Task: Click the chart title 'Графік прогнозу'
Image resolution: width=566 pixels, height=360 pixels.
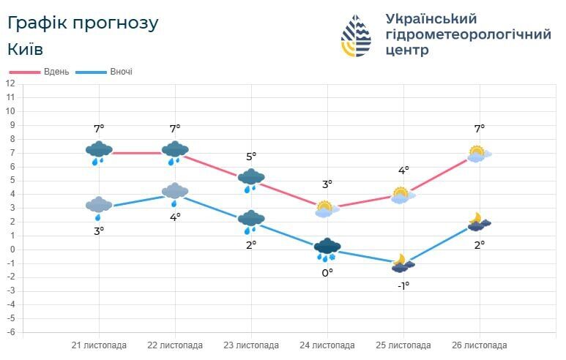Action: point(83,23)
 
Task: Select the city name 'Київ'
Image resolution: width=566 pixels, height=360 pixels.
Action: point(26,50)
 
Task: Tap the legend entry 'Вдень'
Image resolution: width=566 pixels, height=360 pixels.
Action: point(56,72)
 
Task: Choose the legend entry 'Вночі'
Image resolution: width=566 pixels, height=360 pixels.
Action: point(121,72)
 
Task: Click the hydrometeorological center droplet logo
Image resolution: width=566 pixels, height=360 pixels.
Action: point(356,36)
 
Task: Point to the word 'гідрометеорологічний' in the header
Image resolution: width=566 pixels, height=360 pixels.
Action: point(467,34)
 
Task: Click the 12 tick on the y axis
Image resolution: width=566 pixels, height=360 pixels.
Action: point(10,83)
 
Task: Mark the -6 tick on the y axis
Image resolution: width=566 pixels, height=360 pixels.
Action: point(10,332)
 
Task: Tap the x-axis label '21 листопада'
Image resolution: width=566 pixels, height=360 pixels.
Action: point(99,345)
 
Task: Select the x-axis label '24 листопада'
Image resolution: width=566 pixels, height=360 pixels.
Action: point(327,345)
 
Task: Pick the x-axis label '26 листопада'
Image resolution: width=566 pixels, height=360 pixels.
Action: point(480,345)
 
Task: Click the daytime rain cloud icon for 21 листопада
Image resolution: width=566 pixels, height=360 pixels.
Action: point(99,152)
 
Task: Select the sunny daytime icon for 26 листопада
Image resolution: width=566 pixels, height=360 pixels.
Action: point(478,154)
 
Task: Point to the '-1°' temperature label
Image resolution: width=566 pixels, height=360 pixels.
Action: point(403,285)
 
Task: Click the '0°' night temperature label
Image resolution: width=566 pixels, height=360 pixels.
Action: point(327,272)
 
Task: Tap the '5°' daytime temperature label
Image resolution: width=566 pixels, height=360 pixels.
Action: point(251,157)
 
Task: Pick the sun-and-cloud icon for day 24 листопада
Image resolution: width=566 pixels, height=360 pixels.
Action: point(327,209)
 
